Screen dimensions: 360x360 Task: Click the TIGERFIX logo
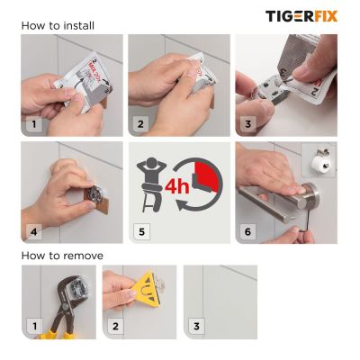coord(301,15)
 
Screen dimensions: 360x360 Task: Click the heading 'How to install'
coord(58,25)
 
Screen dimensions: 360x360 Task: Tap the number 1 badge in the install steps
coord(34,124)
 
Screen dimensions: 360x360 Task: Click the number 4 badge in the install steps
coord(34,231)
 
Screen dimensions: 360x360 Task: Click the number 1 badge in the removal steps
coord(34,324)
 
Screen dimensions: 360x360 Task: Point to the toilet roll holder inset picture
coord(319,160)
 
